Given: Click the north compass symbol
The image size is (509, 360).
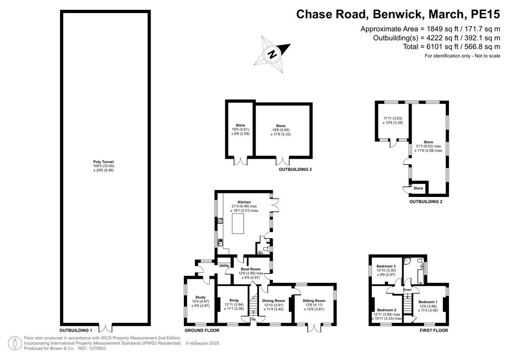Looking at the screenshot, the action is pos(272,54).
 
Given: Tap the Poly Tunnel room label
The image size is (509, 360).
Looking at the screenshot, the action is pos(103,162).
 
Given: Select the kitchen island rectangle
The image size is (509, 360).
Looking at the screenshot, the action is pos(238,221).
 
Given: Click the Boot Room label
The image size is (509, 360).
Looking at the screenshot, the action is pos(251,269).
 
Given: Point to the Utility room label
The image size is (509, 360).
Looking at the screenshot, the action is pos(224,266).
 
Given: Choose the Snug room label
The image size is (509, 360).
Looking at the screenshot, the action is pos(234,300).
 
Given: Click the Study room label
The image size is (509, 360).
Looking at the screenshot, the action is pos(200,297).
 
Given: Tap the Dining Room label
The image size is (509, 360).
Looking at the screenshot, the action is pos(273,301).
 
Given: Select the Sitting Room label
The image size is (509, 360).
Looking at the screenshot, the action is pos(314,301).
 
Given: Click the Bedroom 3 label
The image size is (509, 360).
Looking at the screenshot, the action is pos(386,266).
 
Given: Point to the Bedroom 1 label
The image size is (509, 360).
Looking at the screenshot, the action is pos(428,302).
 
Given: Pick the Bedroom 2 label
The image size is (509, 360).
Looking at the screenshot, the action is pos(387,310).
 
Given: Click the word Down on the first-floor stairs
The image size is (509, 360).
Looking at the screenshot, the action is pos(408,289).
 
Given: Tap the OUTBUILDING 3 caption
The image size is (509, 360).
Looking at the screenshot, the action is pos(295,170).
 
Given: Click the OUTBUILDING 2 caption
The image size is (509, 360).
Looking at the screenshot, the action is pos(426,201).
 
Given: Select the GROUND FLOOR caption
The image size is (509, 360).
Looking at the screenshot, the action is pos(202,331).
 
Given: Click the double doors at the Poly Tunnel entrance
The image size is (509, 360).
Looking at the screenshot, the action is pos(105,328).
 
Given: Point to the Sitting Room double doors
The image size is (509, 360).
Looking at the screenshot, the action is pos(315,328).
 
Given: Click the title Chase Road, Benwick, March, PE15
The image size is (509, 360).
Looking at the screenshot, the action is pos(398,14).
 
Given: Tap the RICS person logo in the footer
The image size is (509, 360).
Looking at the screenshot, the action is pos(14,344).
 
